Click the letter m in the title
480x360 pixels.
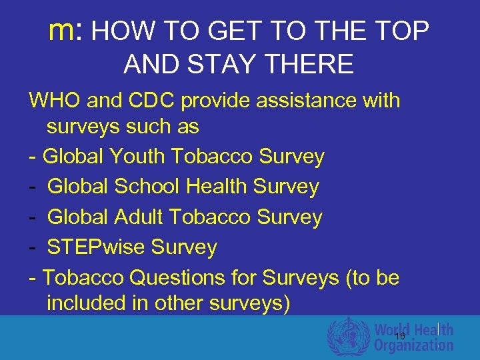64,31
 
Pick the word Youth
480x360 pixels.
139,157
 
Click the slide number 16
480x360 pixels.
399,336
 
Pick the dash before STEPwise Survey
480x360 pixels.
33,247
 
